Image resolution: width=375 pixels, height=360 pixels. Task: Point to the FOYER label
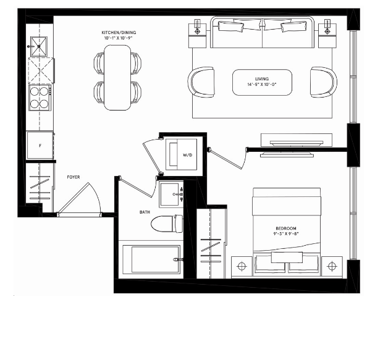(x=74, y=177)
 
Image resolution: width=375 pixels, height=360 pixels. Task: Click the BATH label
(x=145, y=212)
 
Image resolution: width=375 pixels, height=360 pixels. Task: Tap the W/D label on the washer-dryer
(x=188, y=155)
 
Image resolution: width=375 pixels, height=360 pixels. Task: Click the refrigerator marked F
(x=40, y=145)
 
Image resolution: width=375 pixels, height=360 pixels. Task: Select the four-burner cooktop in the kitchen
(x=40, y=98)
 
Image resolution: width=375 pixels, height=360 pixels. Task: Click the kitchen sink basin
(x=39, y=46)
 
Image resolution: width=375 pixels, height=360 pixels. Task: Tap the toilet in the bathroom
(x=167, y=224)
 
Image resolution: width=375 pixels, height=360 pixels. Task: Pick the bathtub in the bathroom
(x=151, y=259)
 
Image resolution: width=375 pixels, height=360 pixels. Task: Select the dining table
(x=117, y=78)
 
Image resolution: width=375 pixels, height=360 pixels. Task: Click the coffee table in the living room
(x=262, y=82)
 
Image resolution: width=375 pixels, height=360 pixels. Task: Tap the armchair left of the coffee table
(x=201, y=82)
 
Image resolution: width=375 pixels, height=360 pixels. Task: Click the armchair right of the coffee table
(x=324, y=82)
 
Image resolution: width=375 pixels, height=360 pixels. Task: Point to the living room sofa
(x=262, y=32)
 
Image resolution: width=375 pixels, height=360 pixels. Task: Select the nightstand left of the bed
(x=242, y=266)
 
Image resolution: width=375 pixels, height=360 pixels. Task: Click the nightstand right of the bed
(x=332, y=266)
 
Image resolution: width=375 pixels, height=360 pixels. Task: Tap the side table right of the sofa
(x=327, y=36)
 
